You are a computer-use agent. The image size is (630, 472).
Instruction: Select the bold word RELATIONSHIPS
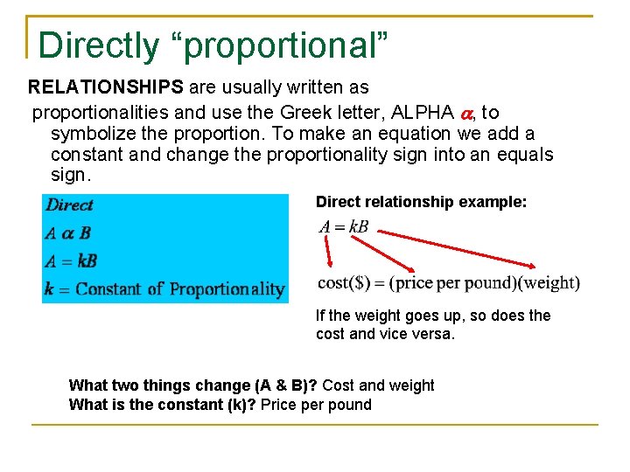105,88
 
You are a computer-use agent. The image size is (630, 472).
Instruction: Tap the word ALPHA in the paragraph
423,113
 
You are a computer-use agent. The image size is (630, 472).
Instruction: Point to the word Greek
306,113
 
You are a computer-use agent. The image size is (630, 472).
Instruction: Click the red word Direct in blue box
70,205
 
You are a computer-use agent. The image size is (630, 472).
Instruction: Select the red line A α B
68,233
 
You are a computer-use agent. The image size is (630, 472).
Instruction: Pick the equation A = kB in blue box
71,260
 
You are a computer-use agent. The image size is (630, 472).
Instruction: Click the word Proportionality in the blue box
227,288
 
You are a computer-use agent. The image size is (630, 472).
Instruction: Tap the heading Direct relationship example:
421,202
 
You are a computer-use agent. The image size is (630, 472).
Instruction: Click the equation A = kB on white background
344,227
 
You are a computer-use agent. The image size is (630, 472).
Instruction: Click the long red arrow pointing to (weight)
458,248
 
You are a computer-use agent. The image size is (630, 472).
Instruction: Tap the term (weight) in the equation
547,282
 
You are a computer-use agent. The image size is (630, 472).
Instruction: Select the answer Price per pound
316,405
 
